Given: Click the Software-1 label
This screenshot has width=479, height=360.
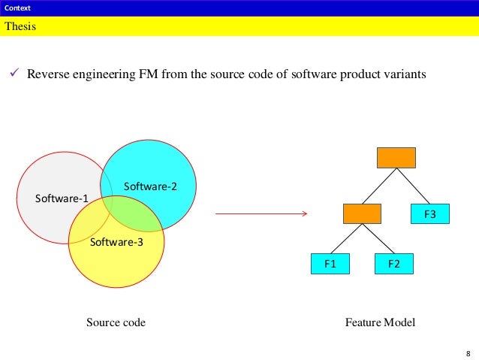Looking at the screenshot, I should [62, 198].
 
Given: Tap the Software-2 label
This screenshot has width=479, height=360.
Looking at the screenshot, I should [150, 186].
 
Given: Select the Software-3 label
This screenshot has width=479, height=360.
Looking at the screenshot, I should [116, 242].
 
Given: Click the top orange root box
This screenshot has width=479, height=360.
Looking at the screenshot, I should [396, 158].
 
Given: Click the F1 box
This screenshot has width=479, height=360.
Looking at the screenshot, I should [330, 264].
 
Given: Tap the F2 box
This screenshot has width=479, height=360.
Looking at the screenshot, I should [394, 264].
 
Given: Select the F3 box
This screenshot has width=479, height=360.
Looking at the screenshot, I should [430, 214].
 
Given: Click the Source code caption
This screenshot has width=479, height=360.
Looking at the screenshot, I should [116, 322].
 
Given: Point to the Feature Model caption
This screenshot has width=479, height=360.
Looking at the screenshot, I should [380, 322].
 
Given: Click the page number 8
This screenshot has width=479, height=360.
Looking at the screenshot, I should [468, 352].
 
